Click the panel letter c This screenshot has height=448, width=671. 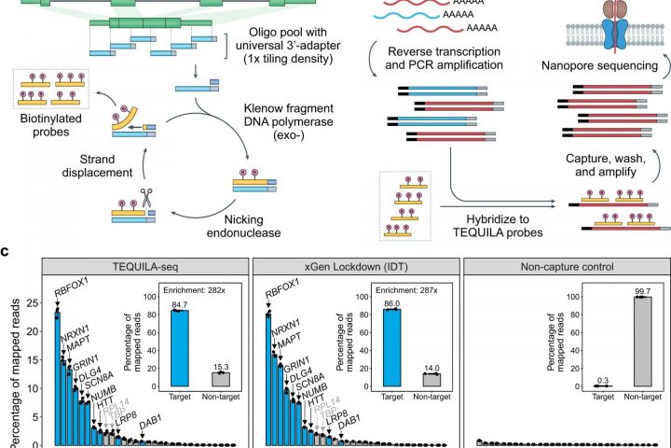pyautogui.click(x=6, y=251)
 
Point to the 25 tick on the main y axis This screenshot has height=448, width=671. pyautogui.click(x=33, y=302)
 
